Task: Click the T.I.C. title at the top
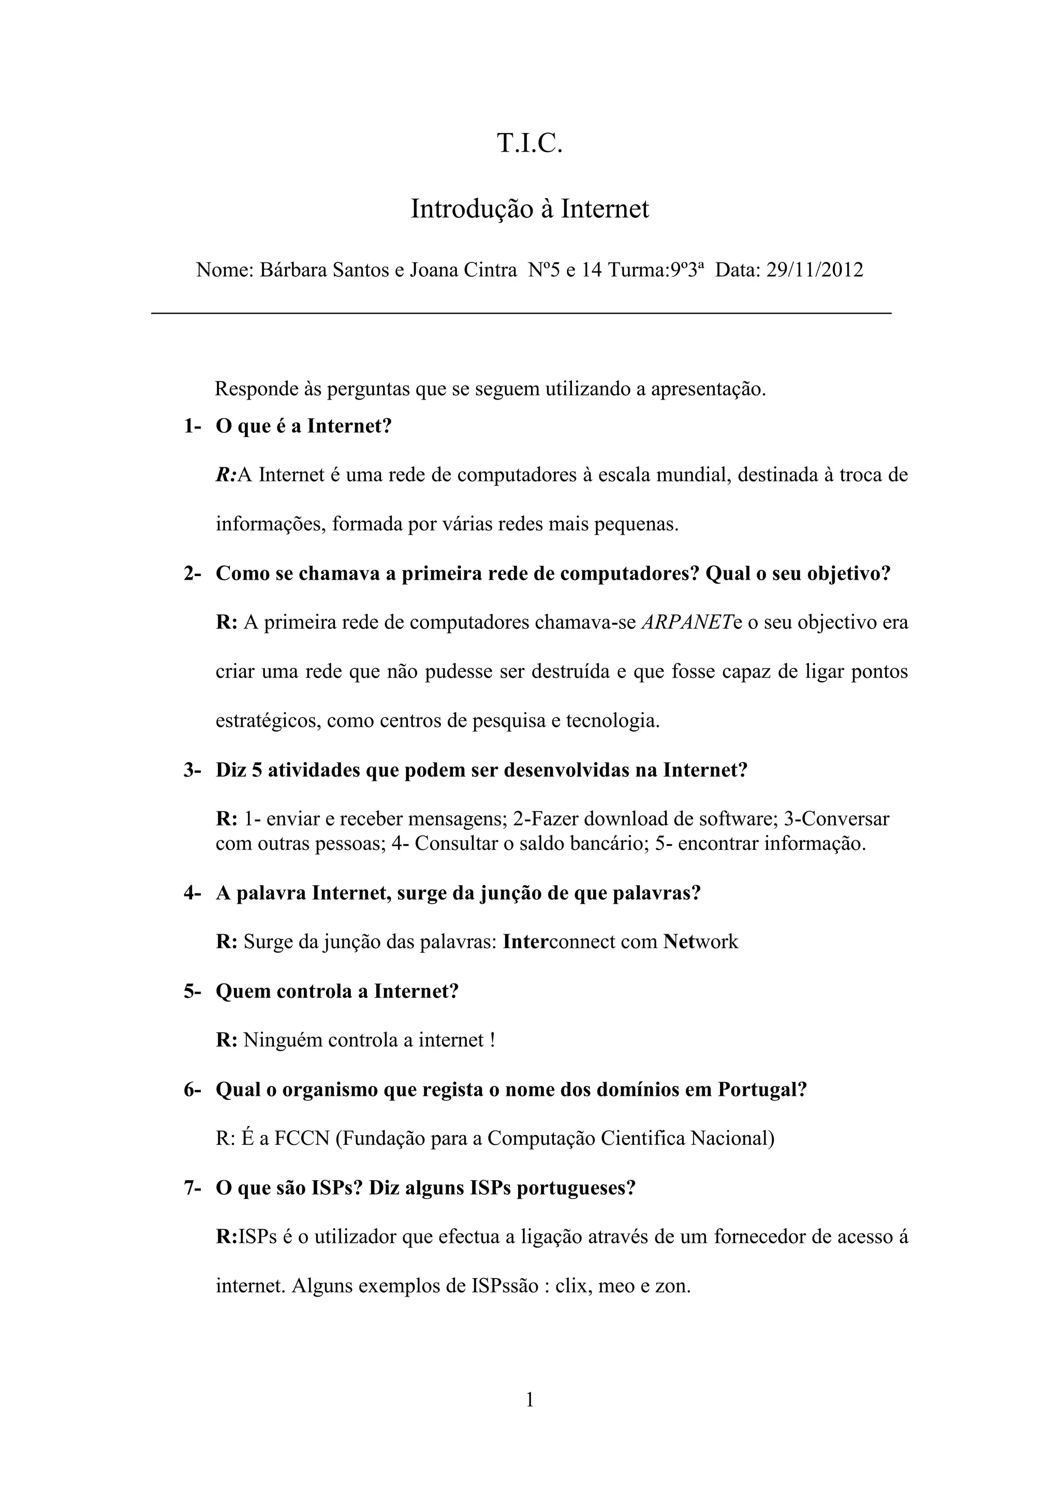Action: (x=529, y=143)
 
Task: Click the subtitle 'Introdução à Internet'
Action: (x=529, y=209)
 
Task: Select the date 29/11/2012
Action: (x=815, y=270)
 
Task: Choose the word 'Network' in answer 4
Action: (x=700, y=942)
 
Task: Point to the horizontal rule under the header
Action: (x=521, y=314)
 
